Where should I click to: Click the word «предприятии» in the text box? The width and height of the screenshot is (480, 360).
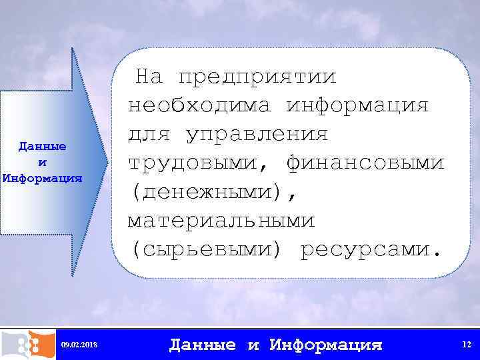(257, 77)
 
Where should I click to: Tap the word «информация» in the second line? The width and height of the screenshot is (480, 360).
(358, 106)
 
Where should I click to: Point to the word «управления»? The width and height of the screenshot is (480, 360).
(257, 135)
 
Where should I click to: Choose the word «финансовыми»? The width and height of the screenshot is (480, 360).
(365, 163)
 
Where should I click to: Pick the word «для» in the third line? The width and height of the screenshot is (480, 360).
(149, 135)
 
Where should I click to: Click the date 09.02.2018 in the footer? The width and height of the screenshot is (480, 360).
(79, 345)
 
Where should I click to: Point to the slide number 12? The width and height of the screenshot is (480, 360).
(467, 344)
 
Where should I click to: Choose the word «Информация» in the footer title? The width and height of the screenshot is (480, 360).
(326, 345)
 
